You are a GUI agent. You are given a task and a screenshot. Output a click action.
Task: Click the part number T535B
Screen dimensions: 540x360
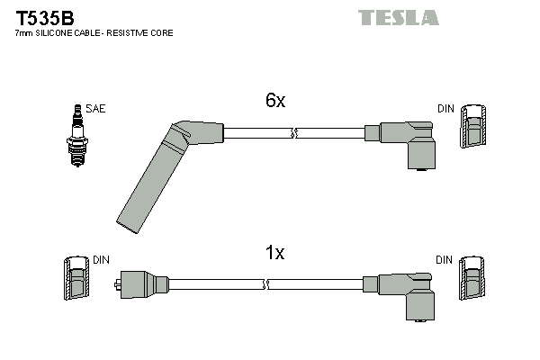pyautogui.click(x=45, y=18)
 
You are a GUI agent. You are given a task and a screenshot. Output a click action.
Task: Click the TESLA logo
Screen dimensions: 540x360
pyautogui.click(x=399, y=18)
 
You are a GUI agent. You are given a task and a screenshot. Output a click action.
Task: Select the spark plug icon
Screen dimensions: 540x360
pyautogui.click(x=77, y=136)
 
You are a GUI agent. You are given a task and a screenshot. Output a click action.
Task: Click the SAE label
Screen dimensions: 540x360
pyautogui.click(x=95, y=109)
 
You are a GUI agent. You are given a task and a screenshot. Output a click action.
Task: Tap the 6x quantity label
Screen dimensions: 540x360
pyautogui.click(x=275, y=100)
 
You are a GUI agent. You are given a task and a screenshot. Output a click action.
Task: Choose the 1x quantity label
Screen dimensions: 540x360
pyautogui.click(x=274, y=253)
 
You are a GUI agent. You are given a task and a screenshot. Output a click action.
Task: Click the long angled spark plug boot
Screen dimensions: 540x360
pyautogui.click(x=162, y=172)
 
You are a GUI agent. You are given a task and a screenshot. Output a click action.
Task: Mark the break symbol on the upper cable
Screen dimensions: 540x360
pyautogui.click(x=293, y=133)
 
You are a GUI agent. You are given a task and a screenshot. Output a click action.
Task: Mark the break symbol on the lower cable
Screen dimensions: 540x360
pyautogui.click(x=265, y=284)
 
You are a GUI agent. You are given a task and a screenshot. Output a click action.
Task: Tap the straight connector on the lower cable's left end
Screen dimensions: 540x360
pyautogui.click(x=141, y=284)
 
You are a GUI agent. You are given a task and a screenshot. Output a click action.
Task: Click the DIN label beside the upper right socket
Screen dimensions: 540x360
pyautogui.click(x=446, y=109)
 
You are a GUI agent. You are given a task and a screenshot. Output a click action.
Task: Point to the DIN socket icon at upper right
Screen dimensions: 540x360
pyautogui.click(x=474, y=126)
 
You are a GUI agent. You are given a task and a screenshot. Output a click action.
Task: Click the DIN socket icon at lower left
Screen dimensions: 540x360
pyautogui.click(x=76, y=278)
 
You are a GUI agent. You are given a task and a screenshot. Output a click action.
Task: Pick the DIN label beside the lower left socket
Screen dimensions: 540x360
pyautogui.click(x=101, y=260)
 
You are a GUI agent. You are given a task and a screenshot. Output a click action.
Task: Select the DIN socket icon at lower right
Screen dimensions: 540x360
pyautogui.click(x=472, y=278)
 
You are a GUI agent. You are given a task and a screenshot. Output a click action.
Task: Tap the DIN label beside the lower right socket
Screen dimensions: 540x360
pyautogui.click(x=445, y=260)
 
